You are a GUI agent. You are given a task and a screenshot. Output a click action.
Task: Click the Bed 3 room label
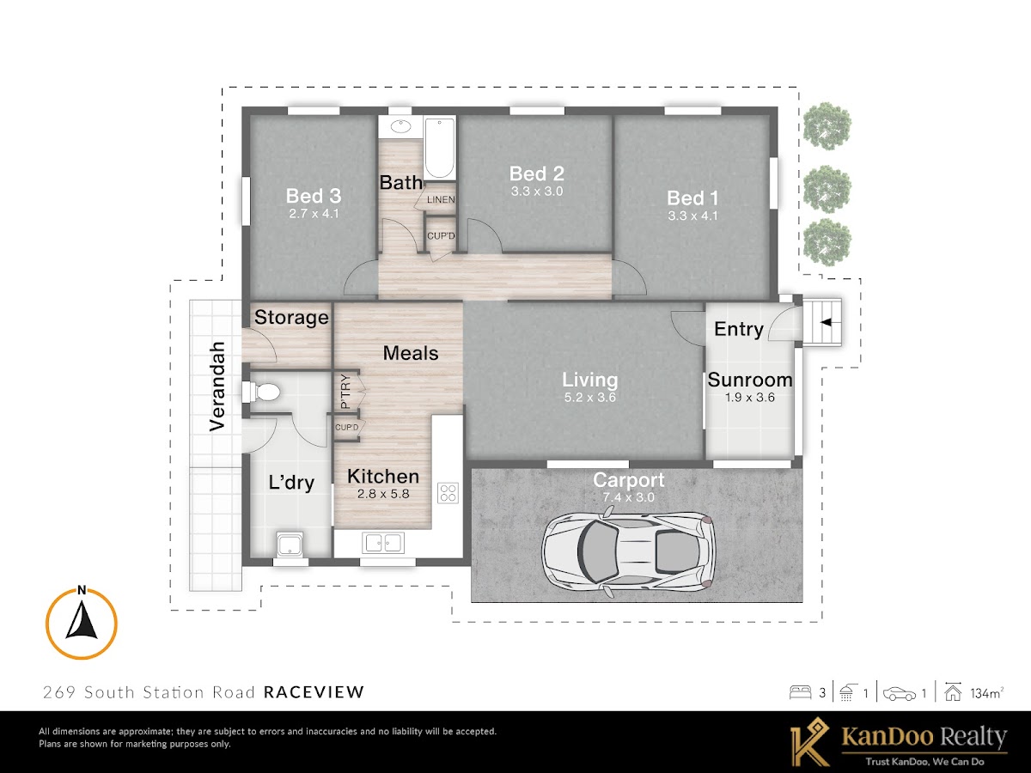314,196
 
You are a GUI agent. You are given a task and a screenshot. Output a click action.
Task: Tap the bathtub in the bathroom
439,148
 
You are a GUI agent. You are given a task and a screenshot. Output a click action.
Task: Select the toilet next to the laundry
262,392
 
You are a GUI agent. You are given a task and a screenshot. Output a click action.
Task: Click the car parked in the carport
628,554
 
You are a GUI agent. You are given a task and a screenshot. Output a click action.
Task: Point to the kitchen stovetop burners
448,493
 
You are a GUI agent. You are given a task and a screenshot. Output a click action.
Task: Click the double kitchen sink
383,543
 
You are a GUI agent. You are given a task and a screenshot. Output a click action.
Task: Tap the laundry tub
290,545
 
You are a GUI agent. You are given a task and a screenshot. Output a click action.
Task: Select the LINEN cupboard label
441,199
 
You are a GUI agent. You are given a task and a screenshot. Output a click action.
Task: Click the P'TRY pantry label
345,391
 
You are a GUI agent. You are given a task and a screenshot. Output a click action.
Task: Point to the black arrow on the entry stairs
826,322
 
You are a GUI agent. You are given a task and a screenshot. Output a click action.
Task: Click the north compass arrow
82,621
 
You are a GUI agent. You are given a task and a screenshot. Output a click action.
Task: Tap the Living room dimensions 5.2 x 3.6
590,398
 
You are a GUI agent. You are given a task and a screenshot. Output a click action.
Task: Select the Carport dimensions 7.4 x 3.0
628,497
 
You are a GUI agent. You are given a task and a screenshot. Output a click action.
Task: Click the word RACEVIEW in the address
314,691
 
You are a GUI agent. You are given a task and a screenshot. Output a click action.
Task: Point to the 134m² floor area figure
987,693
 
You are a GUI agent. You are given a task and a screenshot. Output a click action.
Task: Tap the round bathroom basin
400,126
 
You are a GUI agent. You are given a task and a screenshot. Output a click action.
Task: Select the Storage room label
291,318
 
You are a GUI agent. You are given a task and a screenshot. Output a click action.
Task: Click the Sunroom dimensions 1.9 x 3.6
750,398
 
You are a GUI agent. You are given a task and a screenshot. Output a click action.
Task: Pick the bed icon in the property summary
801,693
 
